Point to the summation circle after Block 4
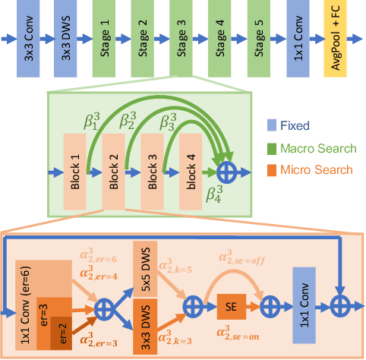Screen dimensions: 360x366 pos(226,173)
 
